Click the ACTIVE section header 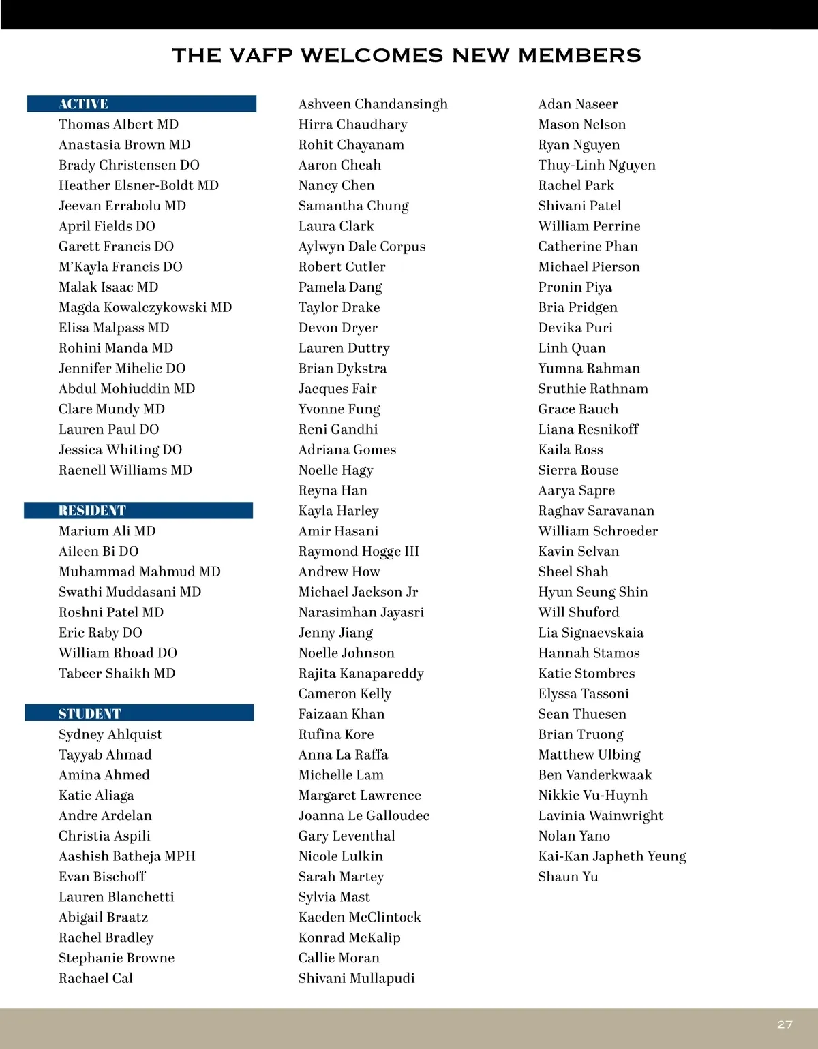pyautogui.click(x=83, y=104)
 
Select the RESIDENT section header pyautogui.click(x=92, y=511)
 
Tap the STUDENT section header pyautogui.click(x=89, y=714)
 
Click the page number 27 pyautogui.click(x=785, y=1024)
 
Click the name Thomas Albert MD pyautogui.click(x=119, y=125)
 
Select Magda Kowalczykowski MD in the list pyautogui.click(x=145, y=307)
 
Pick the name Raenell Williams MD pyautogui.click(x=125, y=470)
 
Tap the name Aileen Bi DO pyautogui.click(x=98, y=552)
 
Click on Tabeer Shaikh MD pyautogui.click(x=117, y=674)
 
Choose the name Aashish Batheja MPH pyautogui.click(x=127, y=856)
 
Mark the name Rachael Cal pyautogui.click(x=95, y=978)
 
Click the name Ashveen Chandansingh pyautogui.click(x=373, y=104)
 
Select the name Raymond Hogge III pyautogui.click(x=359, y=552)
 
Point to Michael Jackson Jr pyautogui.click(x=358, y=592)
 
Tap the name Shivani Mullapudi pyautogui.click(x=357, y=978)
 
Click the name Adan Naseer pyautogui.click(x=578, y=104)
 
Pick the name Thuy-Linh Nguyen pyautogui.click(x=596, y=166)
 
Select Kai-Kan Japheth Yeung pyautogui.click(x=612, y=856)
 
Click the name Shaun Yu pyautogui.click(x=568, y=877)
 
